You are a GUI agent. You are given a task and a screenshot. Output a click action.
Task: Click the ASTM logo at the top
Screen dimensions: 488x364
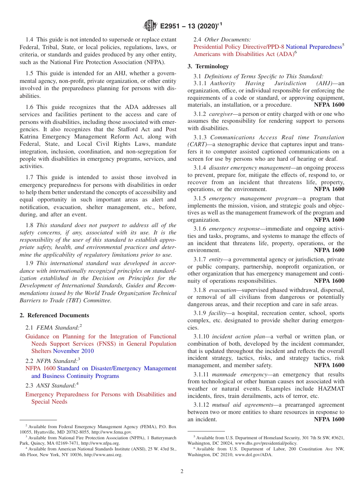(x=150, y=26)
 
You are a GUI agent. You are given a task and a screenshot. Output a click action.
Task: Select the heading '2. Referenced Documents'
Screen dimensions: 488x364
(x=54, y=315)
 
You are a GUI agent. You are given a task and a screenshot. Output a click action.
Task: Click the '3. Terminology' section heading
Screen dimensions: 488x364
(x=208, y=66)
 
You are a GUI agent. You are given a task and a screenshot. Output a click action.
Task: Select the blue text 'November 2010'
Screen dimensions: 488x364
(x=73, y=351)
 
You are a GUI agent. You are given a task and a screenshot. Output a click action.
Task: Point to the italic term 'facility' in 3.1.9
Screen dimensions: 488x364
(x=217, y=313)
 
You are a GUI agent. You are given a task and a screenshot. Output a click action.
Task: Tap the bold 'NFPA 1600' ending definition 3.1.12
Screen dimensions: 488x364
(x=329, y=419)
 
